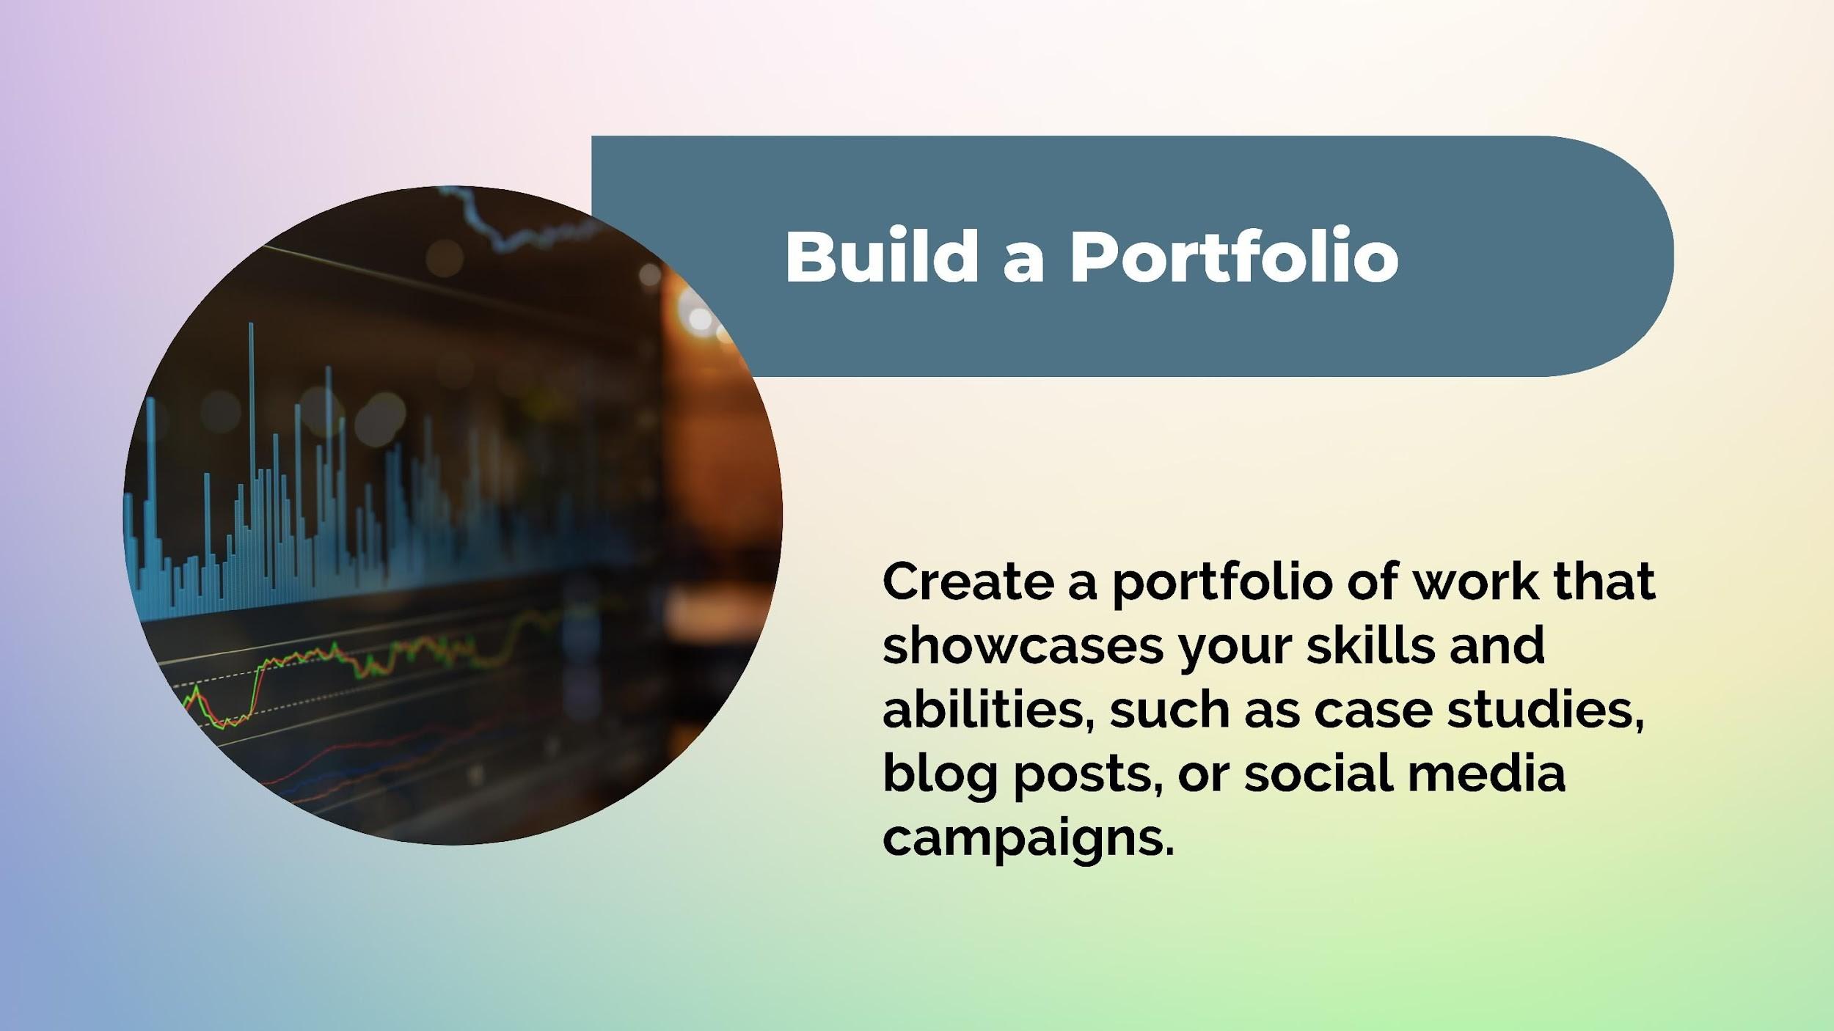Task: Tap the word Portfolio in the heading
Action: point(1234,257)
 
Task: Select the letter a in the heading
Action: point(1024,264)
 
